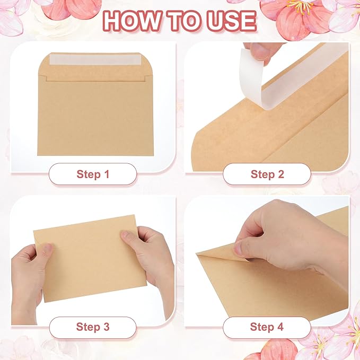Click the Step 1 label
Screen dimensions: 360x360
point(93,174)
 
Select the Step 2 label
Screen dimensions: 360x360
point(267,174)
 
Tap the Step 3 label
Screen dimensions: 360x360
point(93,327)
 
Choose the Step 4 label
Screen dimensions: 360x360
point(267,327)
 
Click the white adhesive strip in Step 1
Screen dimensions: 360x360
point(96,59)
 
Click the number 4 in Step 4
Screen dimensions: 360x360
point(280,327)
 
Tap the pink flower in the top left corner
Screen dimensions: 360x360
point(74,8)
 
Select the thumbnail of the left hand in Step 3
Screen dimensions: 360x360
point(47,249)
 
